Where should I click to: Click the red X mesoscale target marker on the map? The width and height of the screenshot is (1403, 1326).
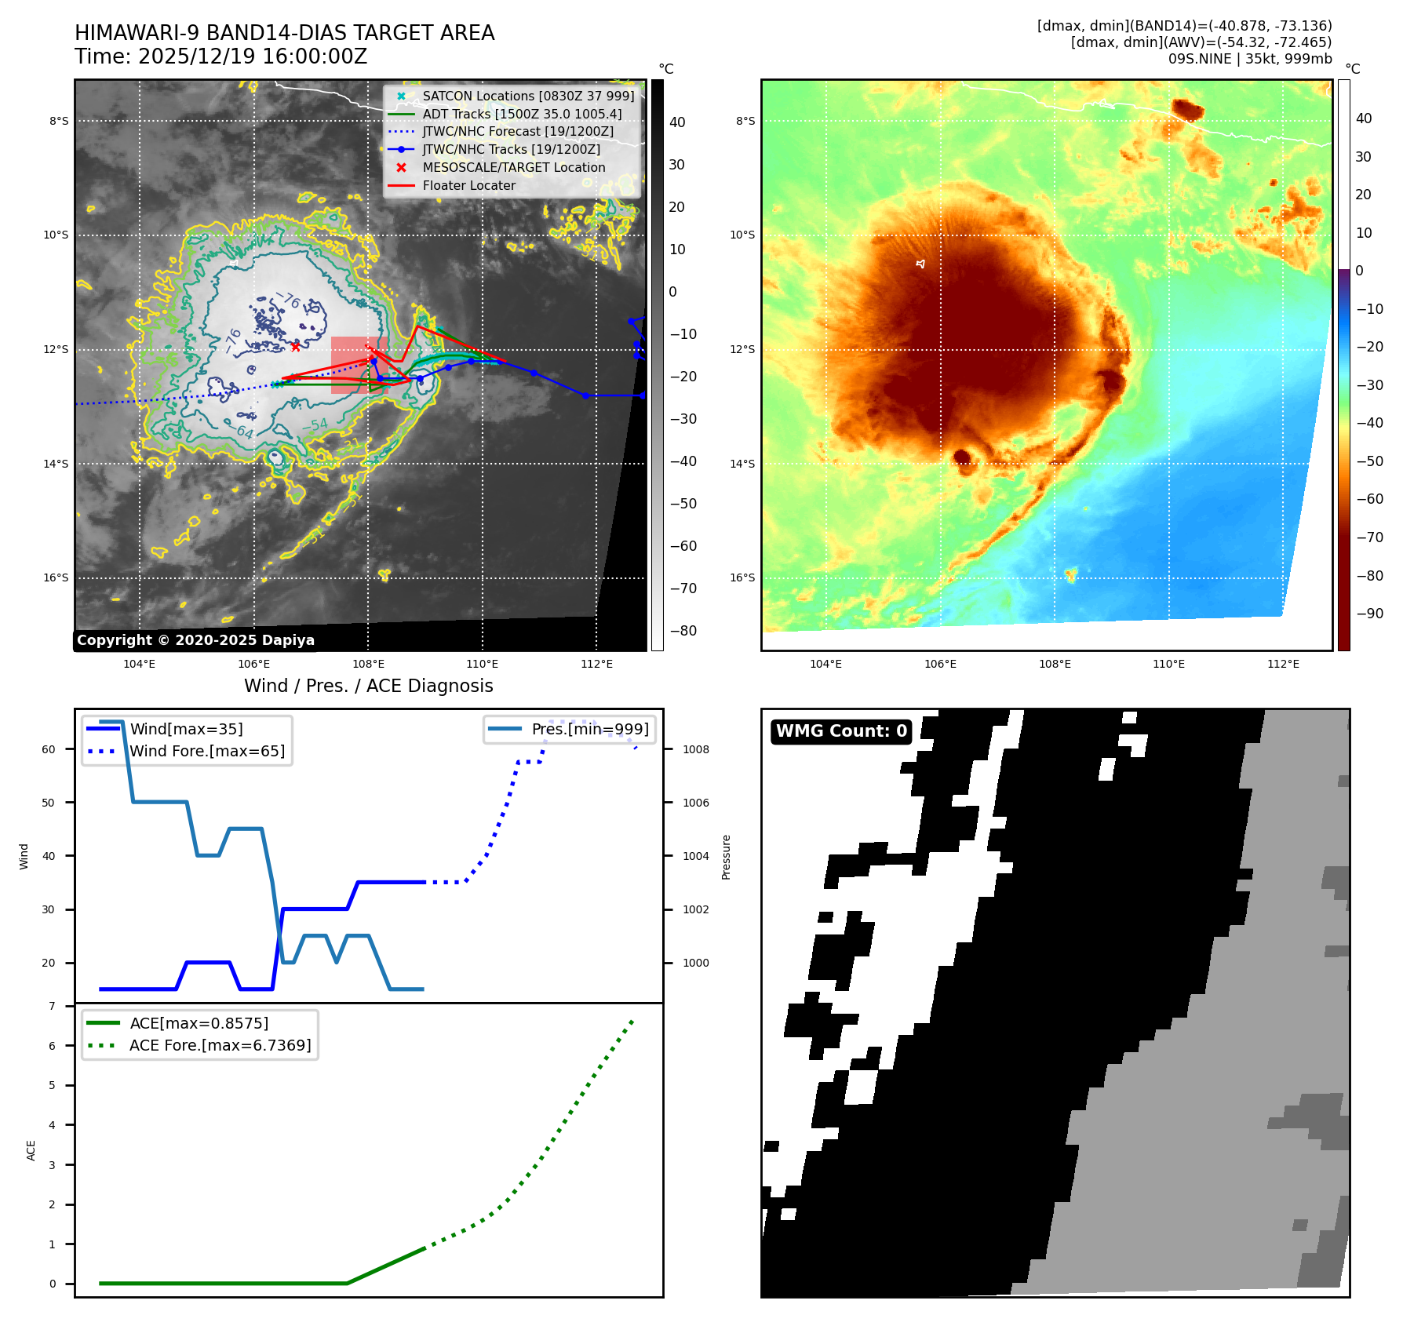pos(295,346)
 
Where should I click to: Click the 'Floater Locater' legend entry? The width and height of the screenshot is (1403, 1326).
pos(468,186)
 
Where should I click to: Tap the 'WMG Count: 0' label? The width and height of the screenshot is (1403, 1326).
pos(841,731)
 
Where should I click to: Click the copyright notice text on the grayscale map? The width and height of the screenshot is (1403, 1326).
pos(195,640)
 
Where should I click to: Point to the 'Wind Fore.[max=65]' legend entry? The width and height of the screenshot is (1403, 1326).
pos(207,751)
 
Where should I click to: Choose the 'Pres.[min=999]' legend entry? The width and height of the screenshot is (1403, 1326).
pos(589,729)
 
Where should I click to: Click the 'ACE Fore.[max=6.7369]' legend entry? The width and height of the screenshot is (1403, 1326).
pos(220,1045)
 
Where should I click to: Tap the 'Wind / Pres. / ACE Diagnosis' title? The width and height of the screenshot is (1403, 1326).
pos(368,686)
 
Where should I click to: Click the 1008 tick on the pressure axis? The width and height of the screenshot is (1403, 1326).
pos(695,749)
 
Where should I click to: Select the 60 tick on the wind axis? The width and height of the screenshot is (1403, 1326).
pos(49,749)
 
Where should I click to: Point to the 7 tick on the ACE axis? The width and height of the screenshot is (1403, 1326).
pos(53,1006)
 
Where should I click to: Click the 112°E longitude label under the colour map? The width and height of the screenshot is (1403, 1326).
pos(1283,664)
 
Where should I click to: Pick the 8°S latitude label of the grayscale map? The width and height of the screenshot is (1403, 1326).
pos(59,121)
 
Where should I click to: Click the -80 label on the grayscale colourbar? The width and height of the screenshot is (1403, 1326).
pos(683,631)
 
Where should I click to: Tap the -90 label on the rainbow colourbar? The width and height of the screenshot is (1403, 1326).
pos(1369,614)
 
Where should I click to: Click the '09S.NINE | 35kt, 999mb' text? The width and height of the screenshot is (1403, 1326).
pos(1249,59)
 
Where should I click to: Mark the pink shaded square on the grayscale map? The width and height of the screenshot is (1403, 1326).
pos(359,365)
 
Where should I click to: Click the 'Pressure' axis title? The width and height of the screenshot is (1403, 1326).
pos(726,857)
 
